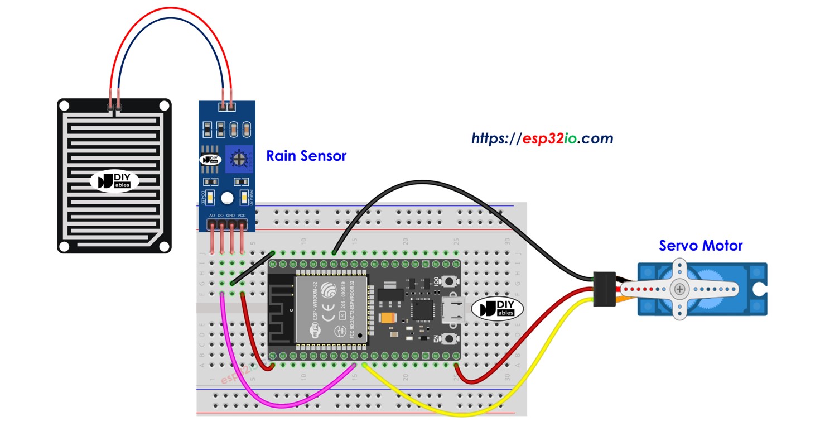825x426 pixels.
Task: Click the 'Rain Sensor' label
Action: [x=306, y=156]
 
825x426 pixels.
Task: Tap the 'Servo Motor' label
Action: [x=701, y=246]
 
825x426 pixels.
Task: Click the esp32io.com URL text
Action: [x=542, y=138]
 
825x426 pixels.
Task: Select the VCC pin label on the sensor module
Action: [x=242, y=215]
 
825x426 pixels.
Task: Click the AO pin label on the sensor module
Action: [x=212, y=215]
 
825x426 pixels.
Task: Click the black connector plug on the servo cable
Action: [x=604, y=289]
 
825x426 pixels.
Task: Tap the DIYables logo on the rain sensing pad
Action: [x=114, y=181]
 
